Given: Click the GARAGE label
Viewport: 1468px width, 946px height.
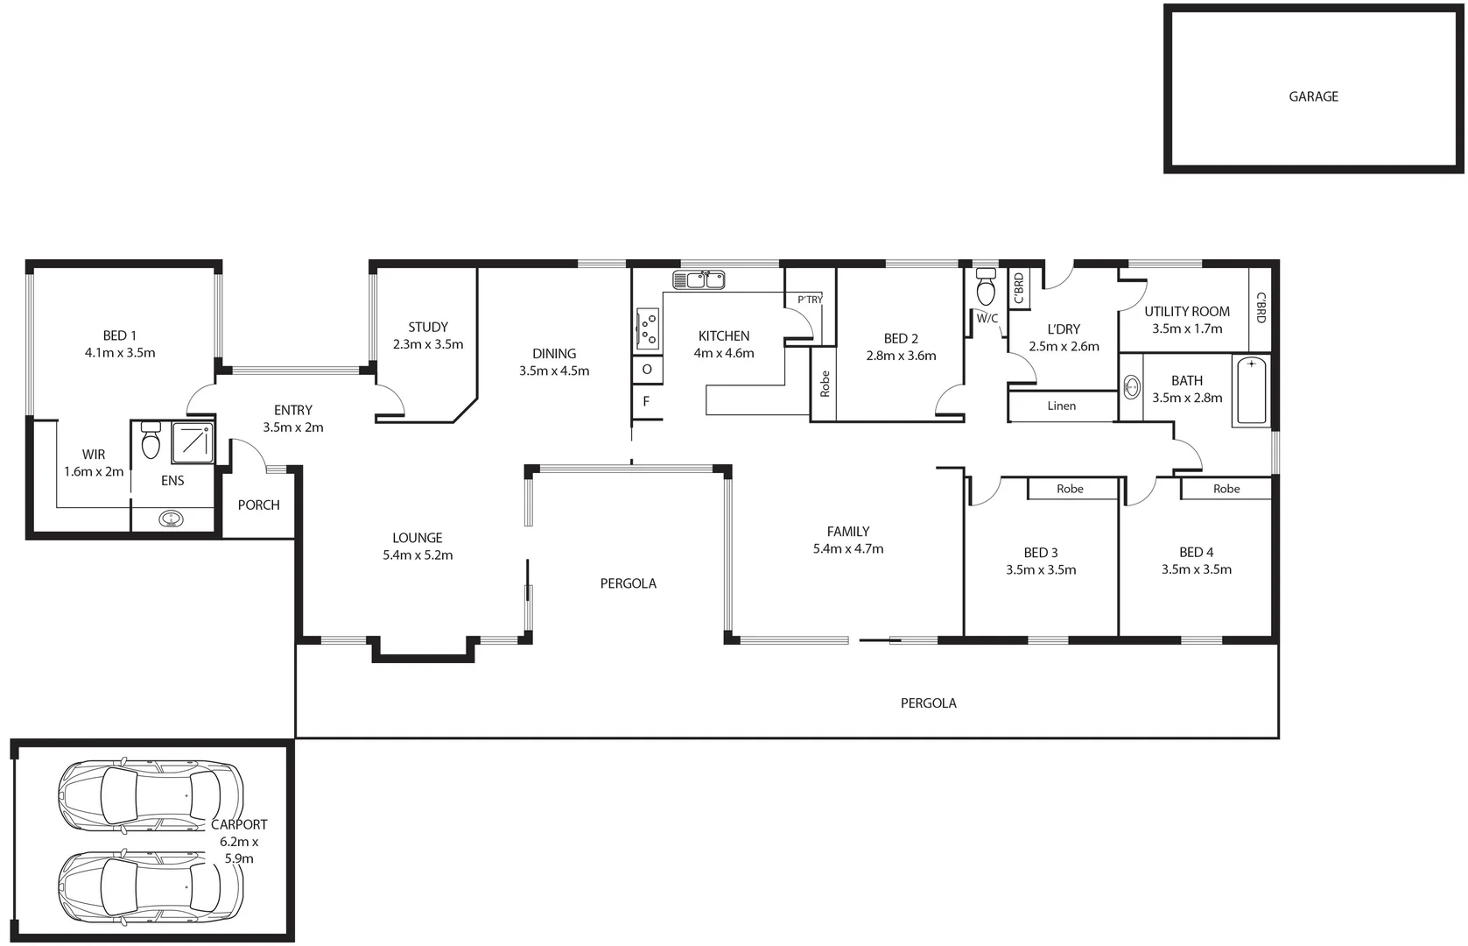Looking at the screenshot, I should point(1313,96).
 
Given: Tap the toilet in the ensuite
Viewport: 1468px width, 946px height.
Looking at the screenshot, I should point(151,441).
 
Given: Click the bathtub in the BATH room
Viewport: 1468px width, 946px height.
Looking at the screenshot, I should point(1250,391).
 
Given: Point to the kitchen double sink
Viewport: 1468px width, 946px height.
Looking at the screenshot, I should point(699,279).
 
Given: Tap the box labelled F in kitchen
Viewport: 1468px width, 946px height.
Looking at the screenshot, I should point(646,402).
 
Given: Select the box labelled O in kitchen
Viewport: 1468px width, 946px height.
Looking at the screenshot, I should point(647,369).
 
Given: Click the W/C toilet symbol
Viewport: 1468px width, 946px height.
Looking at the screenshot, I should point(987,285).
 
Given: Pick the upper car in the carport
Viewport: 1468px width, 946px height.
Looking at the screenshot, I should point(149,794).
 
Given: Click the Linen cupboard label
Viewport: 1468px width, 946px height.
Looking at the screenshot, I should point(1061,406).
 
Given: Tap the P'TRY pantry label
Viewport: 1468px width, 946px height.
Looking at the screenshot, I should point(810,300).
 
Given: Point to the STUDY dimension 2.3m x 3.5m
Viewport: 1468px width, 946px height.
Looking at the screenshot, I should point(428,344).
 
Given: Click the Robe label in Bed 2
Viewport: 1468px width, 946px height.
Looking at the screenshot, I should point(825,385).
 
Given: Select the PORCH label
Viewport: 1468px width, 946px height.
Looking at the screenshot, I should point(259,505).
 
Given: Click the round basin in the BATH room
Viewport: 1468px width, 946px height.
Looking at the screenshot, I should point(1131,386).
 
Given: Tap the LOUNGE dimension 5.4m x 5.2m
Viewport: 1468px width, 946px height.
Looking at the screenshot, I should point(418,555).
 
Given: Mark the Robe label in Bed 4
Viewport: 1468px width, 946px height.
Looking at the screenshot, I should point(1226,489).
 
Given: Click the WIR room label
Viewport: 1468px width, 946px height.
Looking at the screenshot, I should point(94,454).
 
